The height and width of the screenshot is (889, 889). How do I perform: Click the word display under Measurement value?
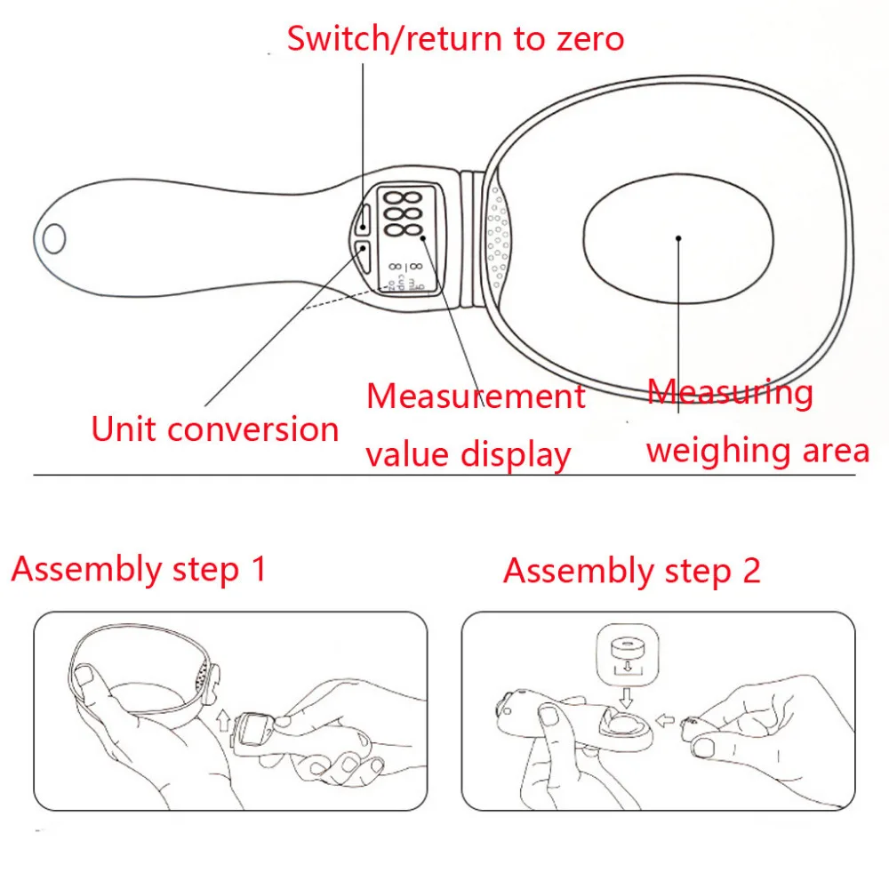516,455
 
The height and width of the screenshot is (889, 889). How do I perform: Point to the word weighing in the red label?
705,451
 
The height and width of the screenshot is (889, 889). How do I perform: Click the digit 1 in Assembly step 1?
259,569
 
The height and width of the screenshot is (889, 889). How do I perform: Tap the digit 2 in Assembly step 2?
751,571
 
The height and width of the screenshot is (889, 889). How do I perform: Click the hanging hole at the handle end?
54,237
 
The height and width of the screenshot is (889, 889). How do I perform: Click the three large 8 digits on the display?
404,213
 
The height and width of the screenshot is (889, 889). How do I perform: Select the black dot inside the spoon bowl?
677,238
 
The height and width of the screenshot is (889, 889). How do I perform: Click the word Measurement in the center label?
477,396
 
